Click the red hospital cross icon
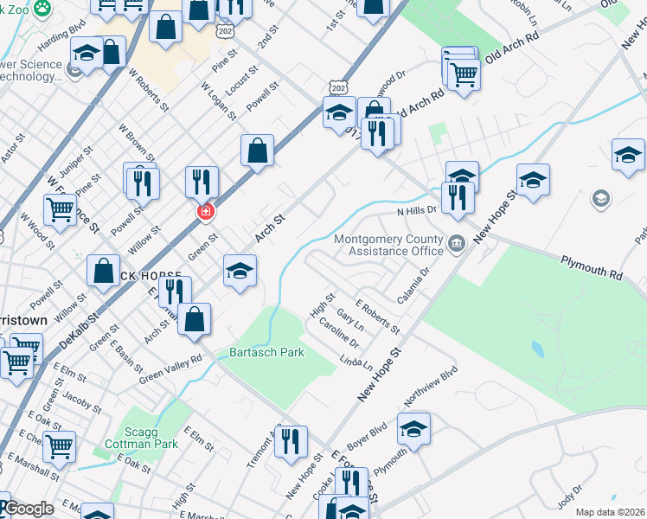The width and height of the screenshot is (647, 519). coord(206,212)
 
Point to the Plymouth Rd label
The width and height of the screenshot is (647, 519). coord(592,266)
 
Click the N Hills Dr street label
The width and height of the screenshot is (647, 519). coord(417,210)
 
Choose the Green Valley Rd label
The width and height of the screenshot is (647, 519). coord(170,367)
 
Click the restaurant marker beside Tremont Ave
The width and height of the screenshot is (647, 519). coord(290,441)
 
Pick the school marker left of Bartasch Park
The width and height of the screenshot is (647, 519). coord(240,272)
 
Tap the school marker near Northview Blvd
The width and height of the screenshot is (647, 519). coord(413,428)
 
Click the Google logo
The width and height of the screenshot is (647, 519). coord(29,509)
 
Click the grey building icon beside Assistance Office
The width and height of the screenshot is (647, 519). coord(458,245)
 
